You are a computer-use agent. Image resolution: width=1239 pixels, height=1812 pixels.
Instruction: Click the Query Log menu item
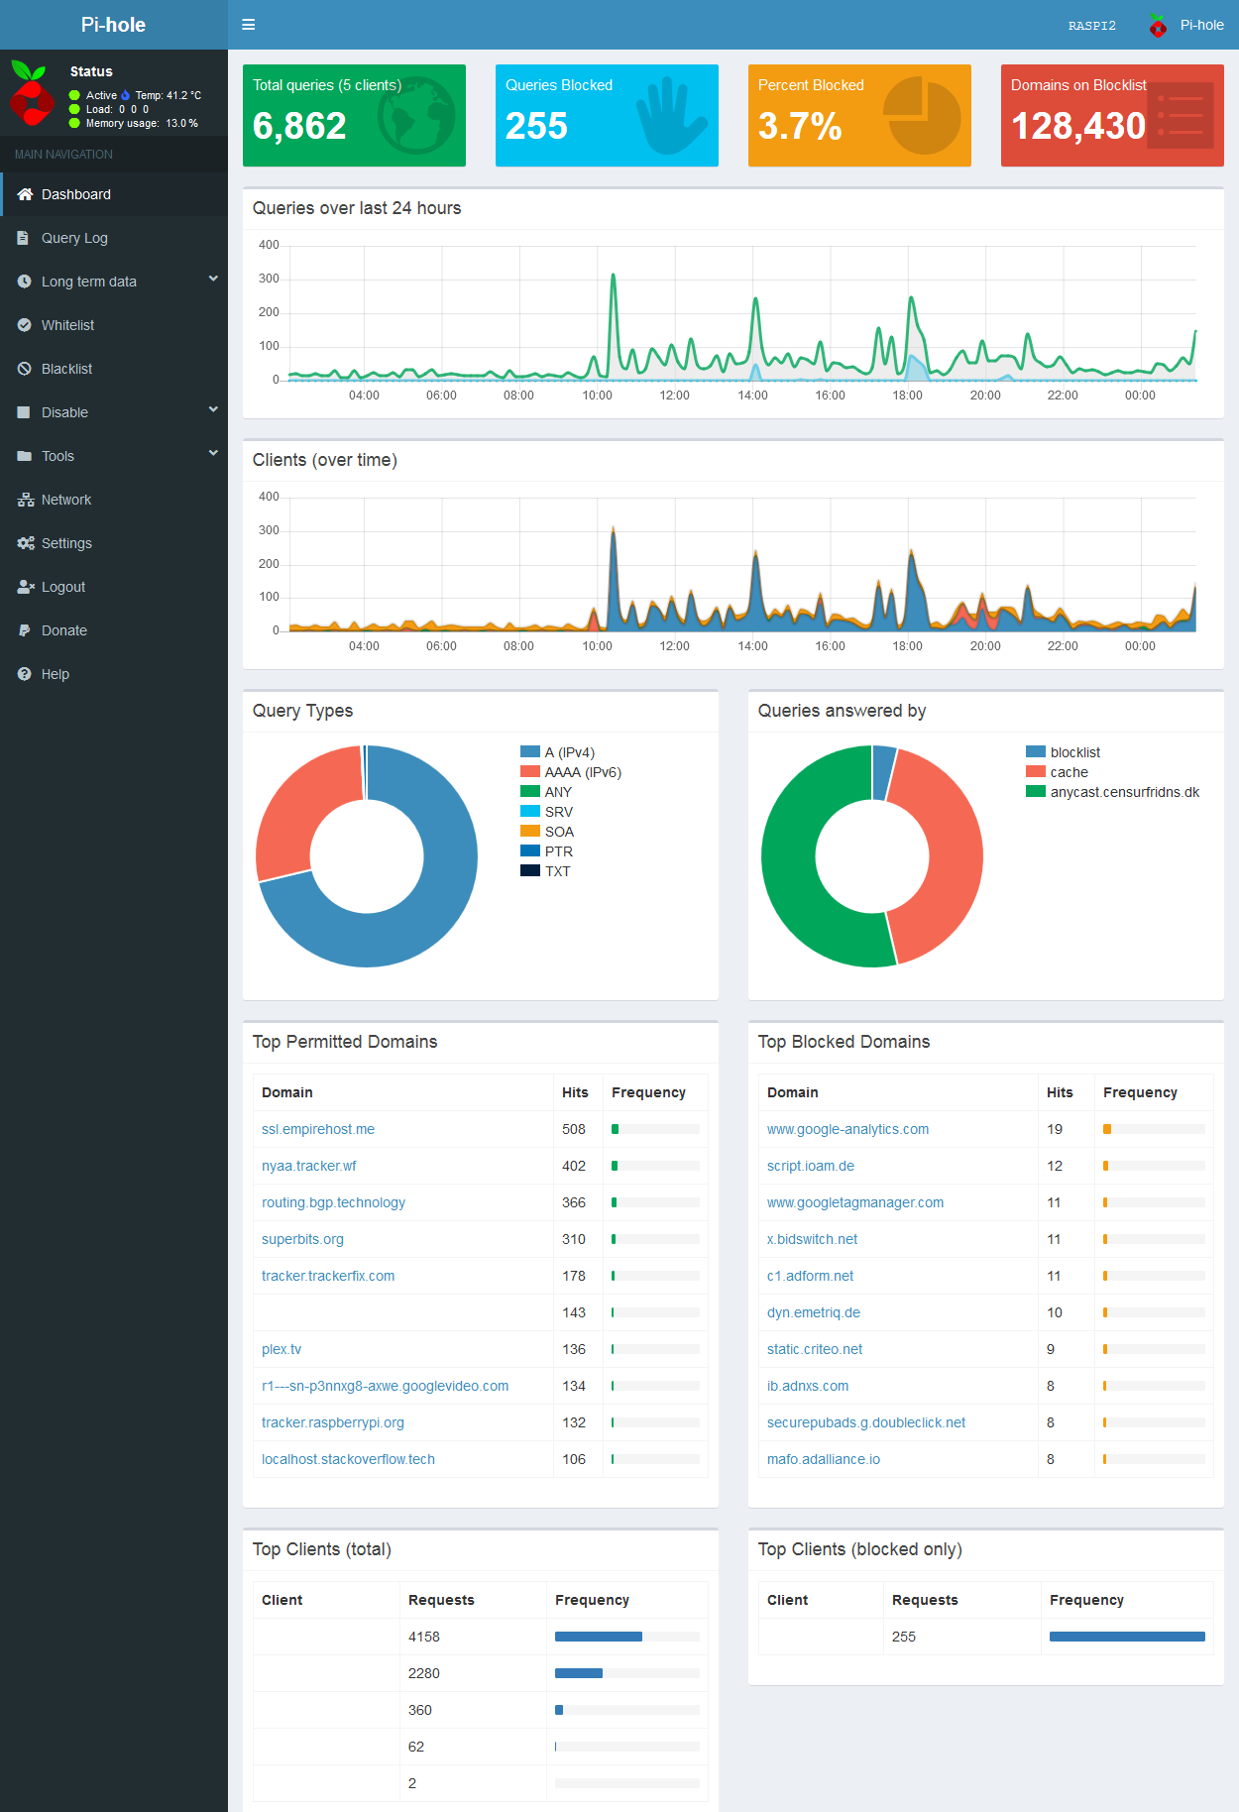click(74, 238)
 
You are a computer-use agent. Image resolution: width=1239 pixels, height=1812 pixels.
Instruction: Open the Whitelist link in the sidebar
click(67, 325)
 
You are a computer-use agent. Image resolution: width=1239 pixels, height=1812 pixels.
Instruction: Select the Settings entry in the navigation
click(66, 543)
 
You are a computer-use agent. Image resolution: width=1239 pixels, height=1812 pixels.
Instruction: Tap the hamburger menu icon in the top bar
click(249, 25)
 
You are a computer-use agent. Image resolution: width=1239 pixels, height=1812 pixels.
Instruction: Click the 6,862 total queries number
click(299, 126)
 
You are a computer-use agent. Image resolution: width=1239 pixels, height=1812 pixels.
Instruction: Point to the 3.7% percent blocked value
click(800, 126)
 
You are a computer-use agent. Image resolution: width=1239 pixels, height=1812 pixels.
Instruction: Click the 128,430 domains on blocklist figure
click(1077, 126)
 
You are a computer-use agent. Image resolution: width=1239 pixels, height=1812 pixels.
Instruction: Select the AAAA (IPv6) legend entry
click(583, 772)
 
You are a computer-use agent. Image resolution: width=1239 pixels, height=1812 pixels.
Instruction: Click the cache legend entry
click(1069, 772)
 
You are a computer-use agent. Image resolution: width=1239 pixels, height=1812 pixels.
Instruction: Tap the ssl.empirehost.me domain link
click(318, 1129)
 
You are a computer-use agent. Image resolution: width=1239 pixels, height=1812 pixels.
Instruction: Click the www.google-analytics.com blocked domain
click(847, 1129)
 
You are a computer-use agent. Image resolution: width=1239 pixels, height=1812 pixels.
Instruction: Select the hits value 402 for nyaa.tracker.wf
click(574, 1166)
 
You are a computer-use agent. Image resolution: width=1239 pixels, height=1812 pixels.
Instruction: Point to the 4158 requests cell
click(424, 1637)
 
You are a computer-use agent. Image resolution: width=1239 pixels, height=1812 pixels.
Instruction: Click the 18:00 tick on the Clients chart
click(907, 646)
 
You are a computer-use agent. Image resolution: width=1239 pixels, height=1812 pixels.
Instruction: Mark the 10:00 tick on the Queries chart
click(597, 396)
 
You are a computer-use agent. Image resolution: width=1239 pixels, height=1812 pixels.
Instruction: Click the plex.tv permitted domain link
click(282, 1349)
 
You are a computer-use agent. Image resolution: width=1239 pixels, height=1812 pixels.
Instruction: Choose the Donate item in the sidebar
click(64, 630)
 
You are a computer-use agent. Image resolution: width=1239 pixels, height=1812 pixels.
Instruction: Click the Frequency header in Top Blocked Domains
click(1140, 1092)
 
